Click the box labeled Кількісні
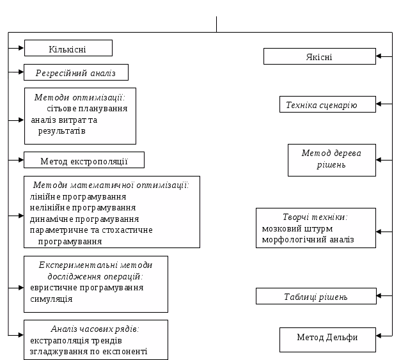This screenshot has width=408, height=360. click(68, 49)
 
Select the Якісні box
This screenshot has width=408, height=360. click(319, 57)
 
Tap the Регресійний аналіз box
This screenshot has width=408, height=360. click(75, 73)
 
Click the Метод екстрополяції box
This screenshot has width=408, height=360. click(84, 160)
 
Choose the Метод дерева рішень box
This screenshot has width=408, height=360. click(331, 159)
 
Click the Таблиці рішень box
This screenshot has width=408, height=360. click(316, 297)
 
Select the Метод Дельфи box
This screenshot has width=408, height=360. click(327, 338)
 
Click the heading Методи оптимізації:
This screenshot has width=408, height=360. click(81, 97)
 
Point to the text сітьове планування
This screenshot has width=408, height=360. click(87, 108)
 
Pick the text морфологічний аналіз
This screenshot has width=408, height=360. click(308, 240)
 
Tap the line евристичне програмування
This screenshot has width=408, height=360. click(86, 287)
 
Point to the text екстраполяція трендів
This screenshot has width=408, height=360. click(80, 340)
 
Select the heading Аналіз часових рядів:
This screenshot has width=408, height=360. click(95, 328)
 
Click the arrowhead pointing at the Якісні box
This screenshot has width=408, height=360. click(379, 56)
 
